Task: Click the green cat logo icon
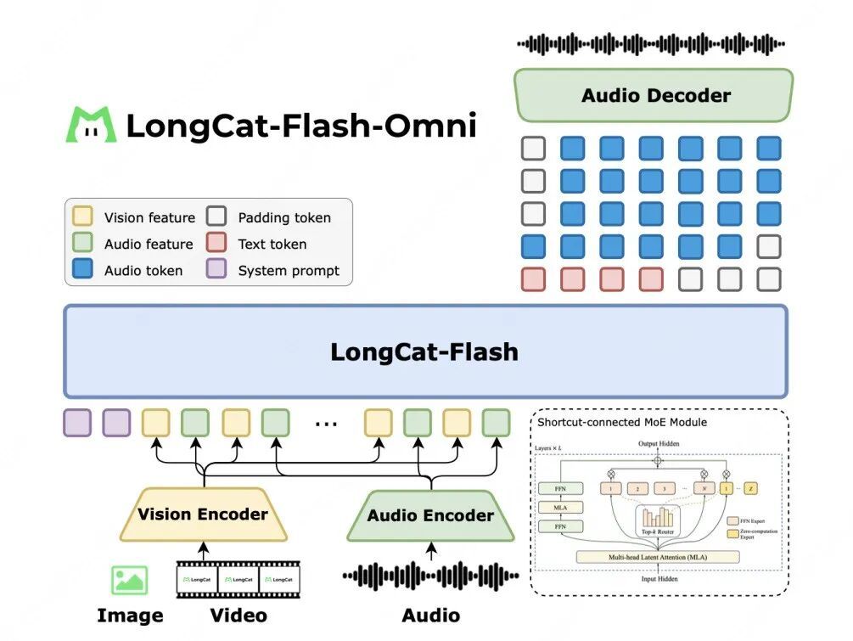[x=91, y=125]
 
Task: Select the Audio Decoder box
[x=654, y=95]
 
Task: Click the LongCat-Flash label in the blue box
[x=424, y=351]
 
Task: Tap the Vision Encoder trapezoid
[x=203, y=514]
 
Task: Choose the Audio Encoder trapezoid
[x=430, y=515]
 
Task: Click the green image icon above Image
[x=129, y=580]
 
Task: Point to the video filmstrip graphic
[x=238, y=579]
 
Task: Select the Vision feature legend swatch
[x=83, y=217]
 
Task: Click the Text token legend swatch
[x=216, y=244]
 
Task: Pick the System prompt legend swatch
[x=216, y=270]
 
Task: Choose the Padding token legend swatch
[x=216, y=217]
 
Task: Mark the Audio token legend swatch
[x=83, y=270]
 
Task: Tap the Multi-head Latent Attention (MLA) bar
[x=658, y=557]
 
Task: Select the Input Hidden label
[x=659, y=579]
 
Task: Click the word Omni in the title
[x=431, y=126]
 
